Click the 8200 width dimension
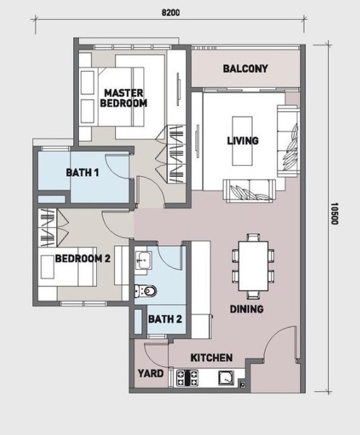(170, 13)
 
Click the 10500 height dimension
(335, 214)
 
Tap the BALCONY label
(246, 69)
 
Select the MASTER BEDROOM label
(124, 98)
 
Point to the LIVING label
(243, 141)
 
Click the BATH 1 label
(83, 173)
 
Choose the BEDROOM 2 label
(83, 259)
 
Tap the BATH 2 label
(165, 319)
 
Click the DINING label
(247, 309)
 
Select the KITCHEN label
(212, 358)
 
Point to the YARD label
(151, 373)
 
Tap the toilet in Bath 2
(146, 291)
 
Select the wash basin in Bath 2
(143, 260)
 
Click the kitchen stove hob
(188, 378)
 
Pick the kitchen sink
(226, 378)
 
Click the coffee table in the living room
(242, 141)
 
